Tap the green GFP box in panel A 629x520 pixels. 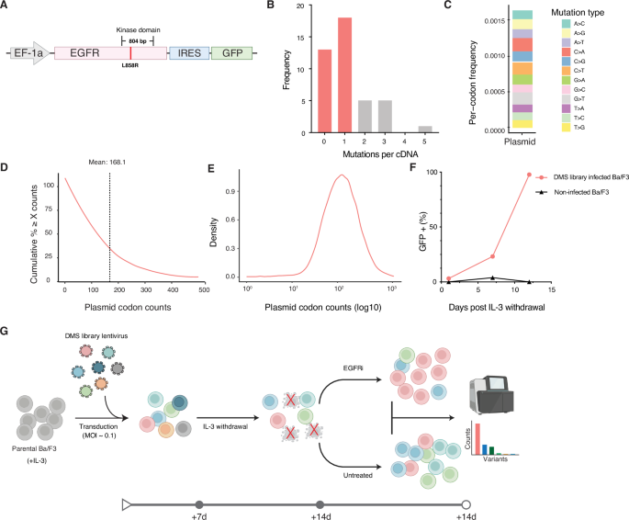click(227, 54)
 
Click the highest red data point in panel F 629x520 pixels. click(529, 175)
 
